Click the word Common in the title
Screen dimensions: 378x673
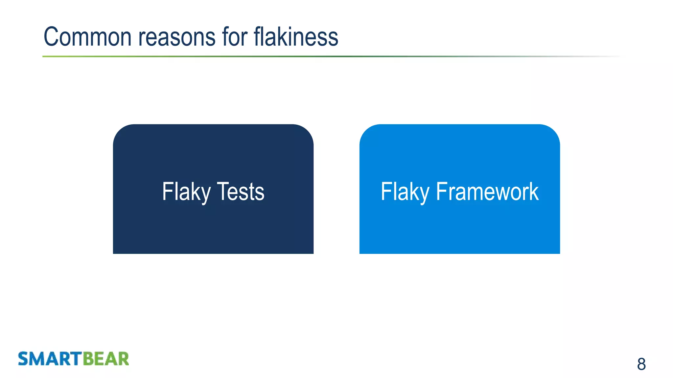(87, 37)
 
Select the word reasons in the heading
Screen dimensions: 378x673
(177, 37)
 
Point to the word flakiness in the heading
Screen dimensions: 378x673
(296, 37)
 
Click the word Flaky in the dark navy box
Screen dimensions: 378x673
(186, 192)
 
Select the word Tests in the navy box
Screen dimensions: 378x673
(241, 192)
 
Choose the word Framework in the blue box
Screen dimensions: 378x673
(487, 192)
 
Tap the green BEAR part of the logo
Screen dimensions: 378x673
(106, 359)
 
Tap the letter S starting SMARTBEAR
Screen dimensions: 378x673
(24, 359)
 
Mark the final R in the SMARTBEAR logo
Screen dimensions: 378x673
(123, 359)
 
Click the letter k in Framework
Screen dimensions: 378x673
(534, 192)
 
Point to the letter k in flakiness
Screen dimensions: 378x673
(283, 37)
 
